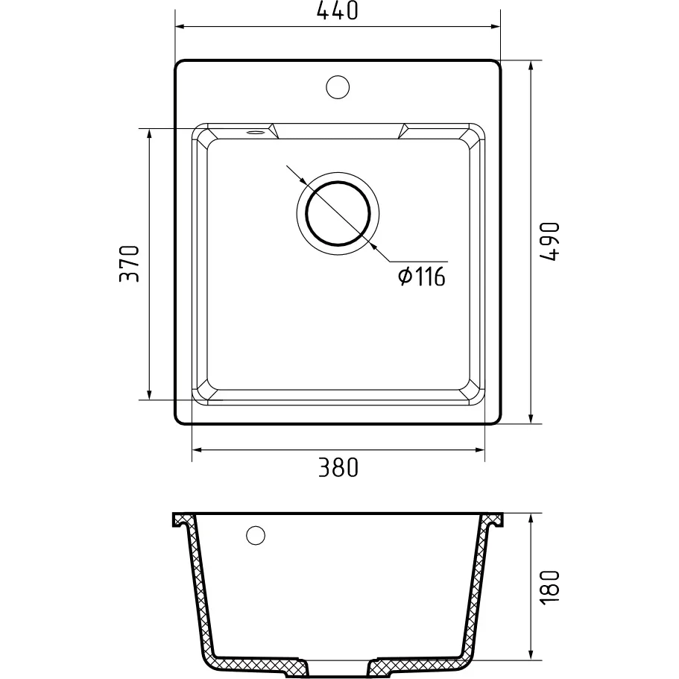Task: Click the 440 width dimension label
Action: click(338, 11)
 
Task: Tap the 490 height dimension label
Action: click(550, 241)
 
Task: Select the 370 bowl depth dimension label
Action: click(129, 264)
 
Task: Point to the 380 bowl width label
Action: click(338, 467)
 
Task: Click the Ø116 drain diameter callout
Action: click(421, 277)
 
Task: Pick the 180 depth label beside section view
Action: click(550, 587)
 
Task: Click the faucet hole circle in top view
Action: click(338, 86)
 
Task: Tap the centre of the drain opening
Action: click(338, 213)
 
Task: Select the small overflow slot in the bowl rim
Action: click(256, 132)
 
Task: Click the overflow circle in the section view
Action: click(255, 535)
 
